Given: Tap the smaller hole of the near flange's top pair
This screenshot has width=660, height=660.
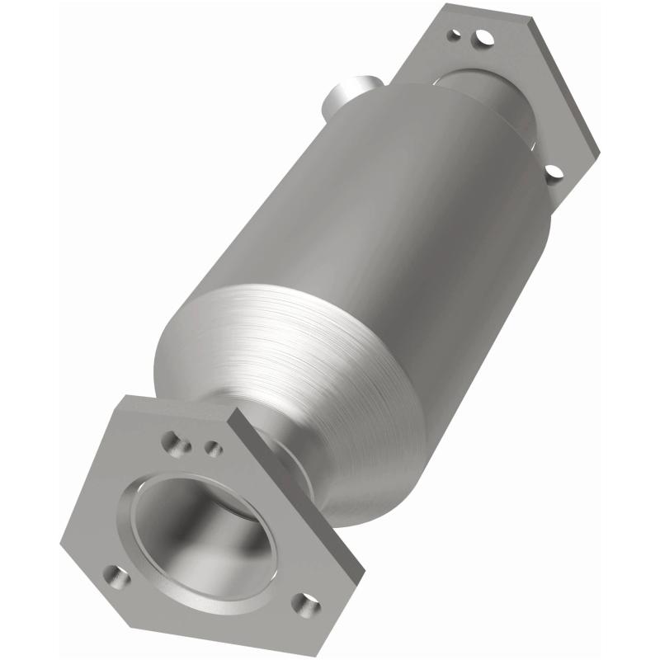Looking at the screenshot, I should [213, 448].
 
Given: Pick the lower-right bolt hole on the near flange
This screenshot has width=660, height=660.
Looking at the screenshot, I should [306, 605].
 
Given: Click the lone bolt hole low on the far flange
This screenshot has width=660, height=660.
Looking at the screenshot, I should [554, 172].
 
